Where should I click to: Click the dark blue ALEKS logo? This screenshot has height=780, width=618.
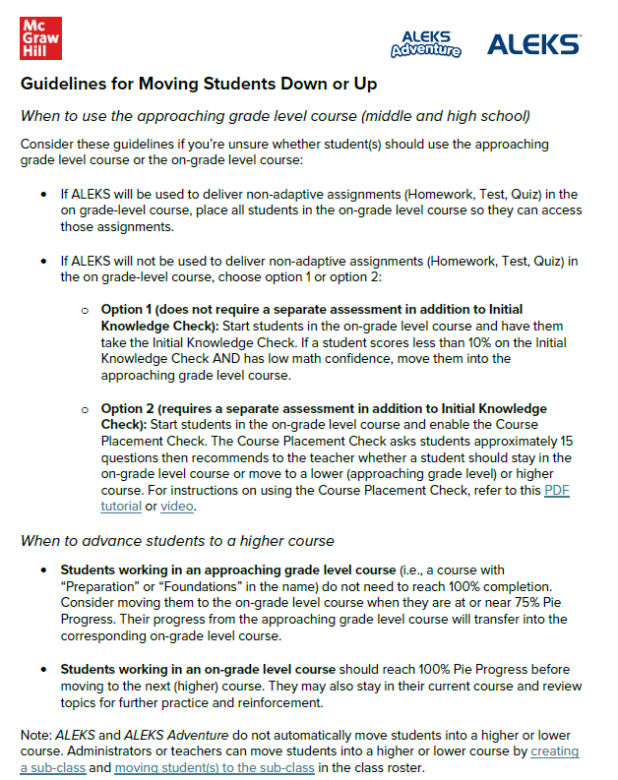tap(534, 43)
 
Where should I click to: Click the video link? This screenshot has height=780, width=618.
tap(177, 507)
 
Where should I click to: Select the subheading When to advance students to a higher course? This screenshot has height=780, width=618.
tap(177, 540)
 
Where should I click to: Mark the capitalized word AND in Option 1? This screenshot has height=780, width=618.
tap(236, 359)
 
